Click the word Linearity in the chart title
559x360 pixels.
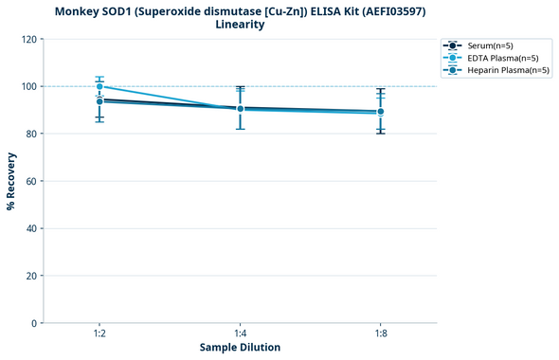pos(240,25)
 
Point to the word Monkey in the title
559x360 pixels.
pos(80,10)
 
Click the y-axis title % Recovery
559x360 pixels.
pos(11,181)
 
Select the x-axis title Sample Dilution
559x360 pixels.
pos(240,348)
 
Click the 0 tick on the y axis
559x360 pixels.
pos(33,323)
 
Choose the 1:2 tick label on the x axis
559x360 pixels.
pos(99,333)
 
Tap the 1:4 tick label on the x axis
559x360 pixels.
pos(240,333)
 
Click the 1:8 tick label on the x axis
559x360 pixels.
pos(381,333)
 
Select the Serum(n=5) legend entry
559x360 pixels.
pos(490,45)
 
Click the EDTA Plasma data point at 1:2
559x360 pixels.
pos(99,86)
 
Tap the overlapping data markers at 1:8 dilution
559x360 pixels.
pos(381,112)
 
